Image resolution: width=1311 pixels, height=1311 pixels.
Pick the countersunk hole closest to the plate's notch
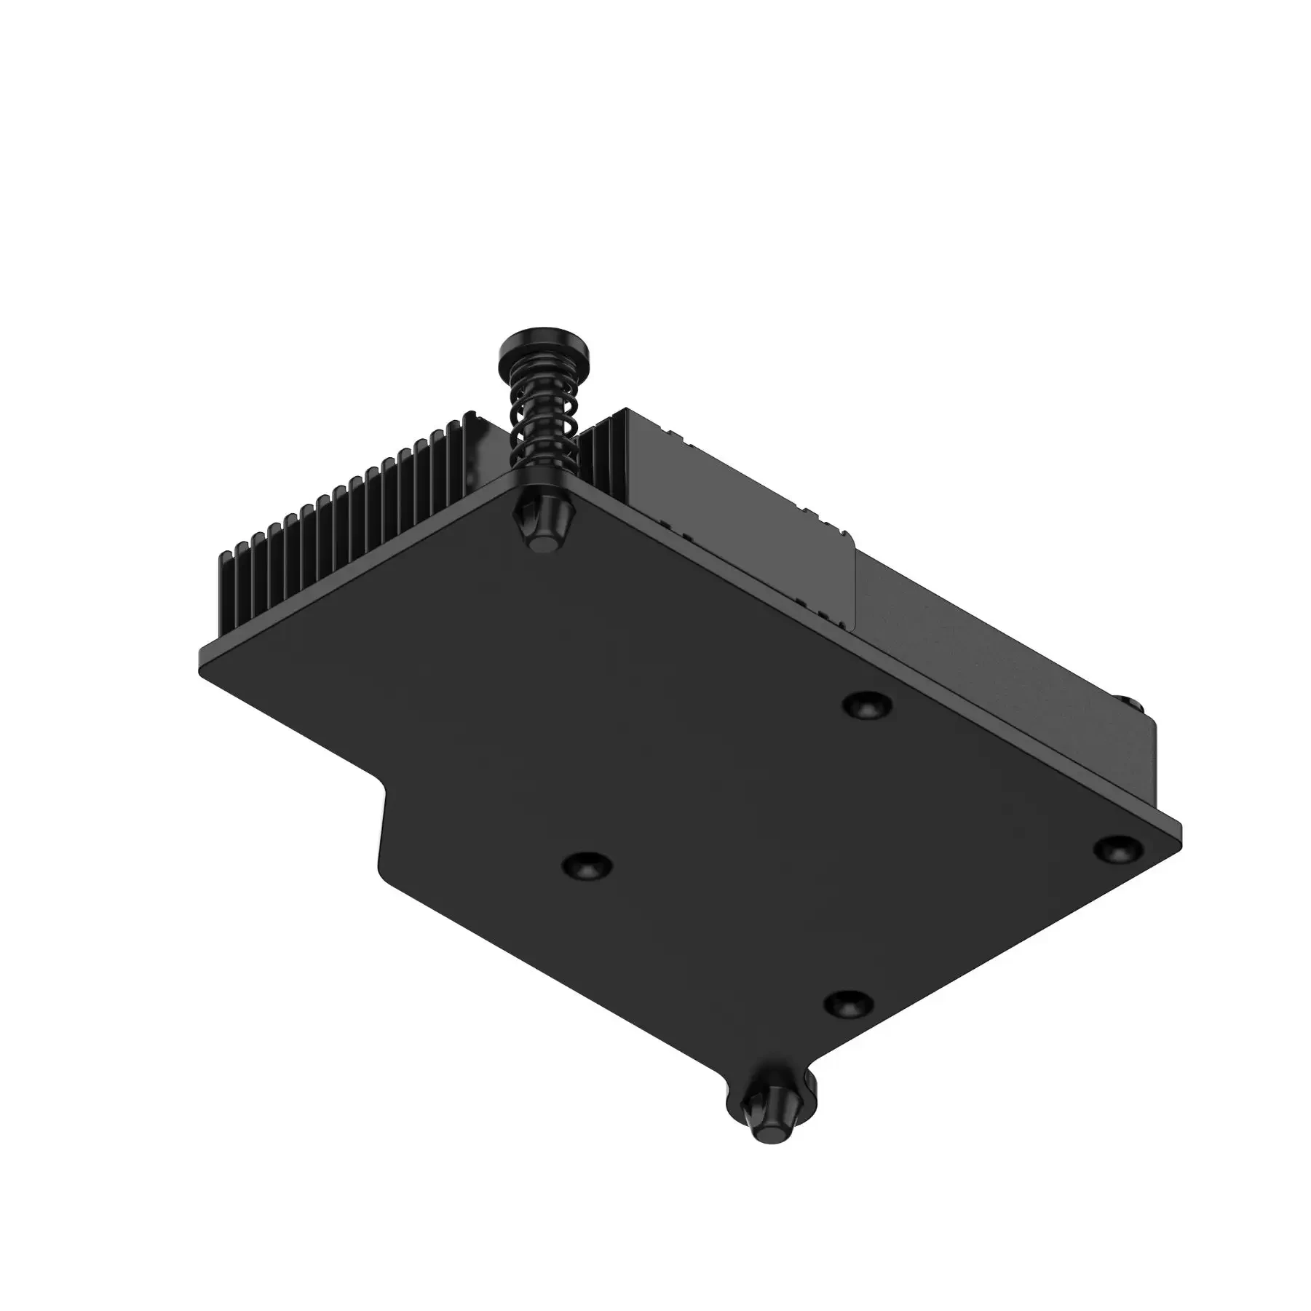[587, 865]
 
